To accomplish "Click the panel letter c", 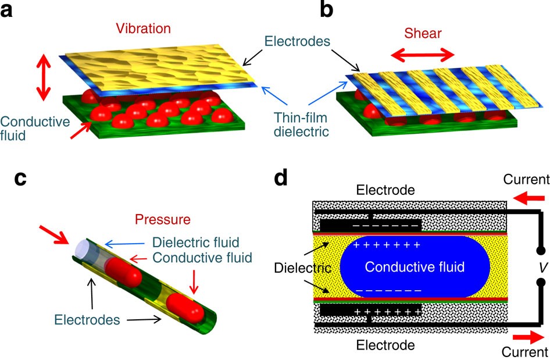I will pyautogui.click(x=21, y=179).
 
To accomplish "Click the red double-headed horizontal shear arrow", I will pyautogui.click(x=422, y=56).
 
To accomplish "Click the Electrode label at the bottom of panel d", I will pyautogui.click(x=386, y=345).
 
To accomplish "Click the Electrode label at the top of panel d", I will pyautogui.click(x=386, y=190).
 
